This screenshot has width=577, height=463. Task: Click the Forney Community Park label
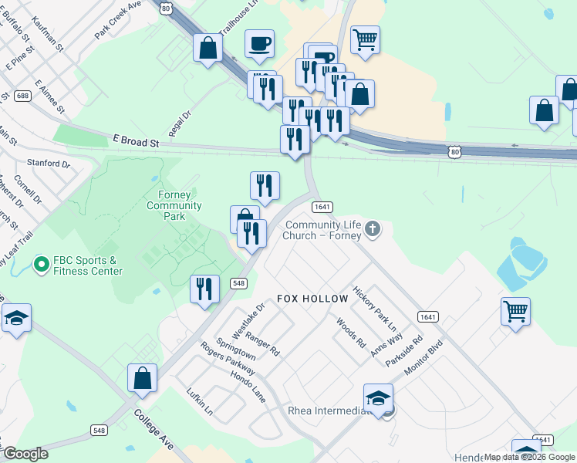pos(174,206)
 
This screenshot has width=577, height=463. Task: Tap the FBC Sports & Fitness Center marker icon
pos(41,265)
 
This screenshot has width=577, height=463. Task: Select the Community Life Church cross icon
pos(373,228)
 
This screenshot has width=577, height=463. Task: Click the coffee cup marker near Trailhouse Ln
pos(260,44)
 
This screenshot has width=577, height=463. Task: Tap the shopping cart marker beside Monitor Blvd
pos(515,312)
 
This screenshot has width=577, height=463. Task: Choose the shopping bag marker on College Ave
pos(142,378)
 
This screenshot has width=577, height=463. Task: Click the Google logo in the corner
pos(25,454)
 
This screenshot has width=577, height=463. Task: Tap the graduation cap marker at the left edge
pos(15,319)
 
